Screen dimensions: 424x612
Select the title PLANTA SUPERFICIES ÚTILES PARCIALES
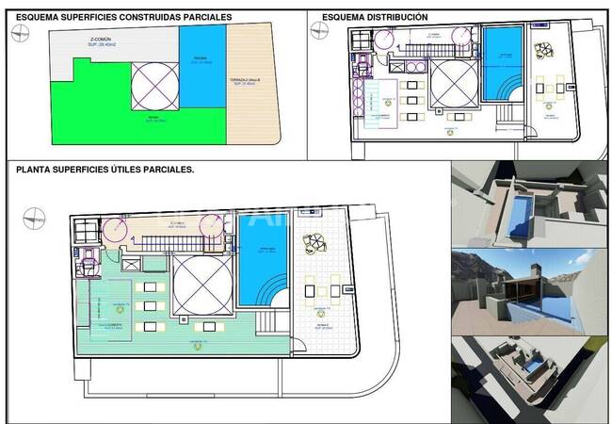105,170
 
